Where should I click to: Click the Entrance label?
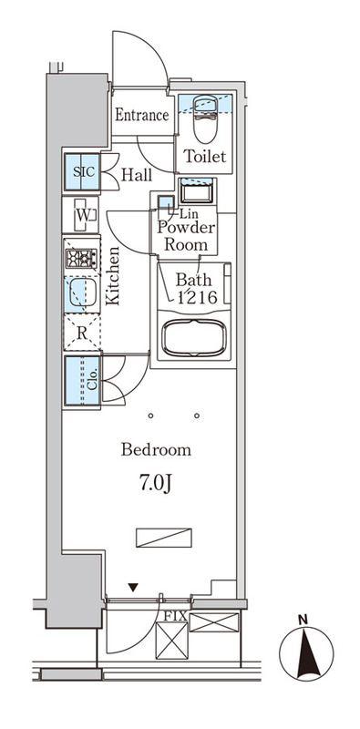pos(142,115)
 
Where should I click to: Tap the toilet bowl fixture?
pos(205,119)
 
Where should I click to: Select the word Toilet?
pos(205,156)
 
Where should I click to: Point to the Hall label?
pos(137,175)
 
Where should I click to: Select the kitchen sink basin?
pos(83,292)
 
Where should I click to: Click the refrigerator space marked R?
pos(82,332)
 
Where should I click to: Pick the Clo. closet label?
pos(92,380)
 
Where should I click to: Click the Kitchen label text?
pos(112,276)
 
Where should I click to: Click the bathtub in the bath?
pos(194,337)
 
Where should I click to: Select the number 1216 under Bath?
pos(195,296)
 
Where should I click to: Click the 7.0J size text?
pos(156,484)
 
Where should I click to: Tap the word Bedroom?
pos(156,450)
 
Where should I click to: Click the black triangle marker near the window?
pos(133,588)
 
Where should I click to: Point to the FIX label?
pos(175,617)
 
